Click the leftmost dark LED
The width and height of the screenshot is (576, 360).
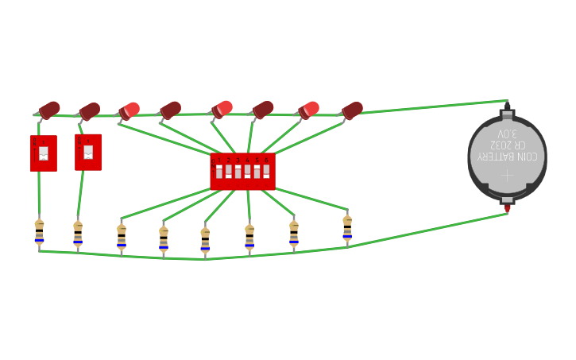pos(48,110)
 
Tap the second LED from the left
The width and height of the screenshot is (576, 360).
pos(89,110)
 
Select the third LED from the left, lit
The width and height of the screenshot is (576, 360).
pos(129,110)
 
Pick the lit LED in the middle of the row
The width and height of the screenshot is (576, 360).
pos(222,109)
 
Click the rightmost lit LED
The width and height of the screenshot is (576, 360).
pos(307,110)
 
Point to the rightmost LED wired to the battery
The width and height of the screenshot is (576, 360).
pos(351,110)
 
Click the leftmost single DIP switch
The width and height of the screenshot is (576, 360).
pos(43,153)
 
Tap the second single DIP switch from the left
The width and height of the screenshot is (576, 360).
pos(88,152)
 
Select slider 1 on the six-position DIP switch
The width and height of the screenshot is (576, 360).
pos(219,171)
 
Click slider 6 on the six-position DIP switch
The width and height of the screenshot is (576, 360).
pos(266,171)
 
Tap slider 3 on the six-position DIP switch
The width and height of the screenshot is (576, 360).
pos(238,171)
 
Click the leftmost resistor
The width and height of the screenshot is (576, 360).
pos(39,233)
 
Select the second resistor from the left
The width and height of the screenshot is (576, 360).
pos(78,234)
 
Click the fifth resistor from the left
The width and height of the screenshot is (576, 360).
pos(205,240)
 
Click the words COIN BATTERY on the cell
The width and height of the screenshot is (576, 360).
pos(507,157)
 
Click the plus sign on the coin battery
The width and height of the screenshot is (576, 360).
pos(507,175)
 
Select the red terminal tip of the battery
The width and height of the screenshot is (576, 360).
pos(508,208)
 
